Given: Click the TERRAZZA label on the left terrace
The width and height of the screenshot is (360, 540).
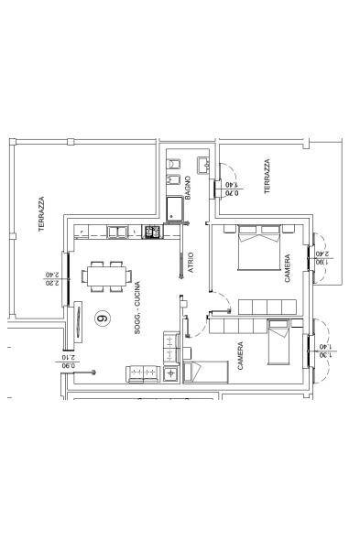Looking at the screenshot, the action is point(41,214).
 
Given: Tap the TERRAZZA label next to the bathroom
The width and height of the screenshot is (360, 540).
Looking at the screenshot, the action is point(267,176).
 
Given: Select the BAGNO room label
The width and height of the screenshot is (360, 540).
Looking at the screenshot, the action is point(188,188).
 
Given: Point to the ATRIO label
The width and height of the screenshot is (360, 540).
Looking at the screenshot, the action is point(191,263).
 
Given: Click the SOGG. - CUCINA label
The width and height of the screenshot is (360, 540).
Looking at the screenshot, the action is point(137,308).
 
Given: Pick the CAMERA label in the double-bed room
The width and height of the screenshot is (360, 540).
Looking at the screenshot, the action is point(287,268).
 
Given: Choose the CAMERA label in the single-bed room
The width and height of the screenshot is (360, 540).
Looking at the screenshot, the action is point(240,356).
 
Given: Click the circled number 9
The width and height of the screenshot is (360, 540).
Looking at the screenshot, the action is point(103,319).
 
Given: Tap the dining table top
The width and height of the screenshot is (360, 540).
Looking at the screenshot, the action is point(106,276).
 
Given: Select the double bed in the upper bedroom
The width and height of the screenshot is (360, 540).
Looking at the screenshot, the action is point(258,247).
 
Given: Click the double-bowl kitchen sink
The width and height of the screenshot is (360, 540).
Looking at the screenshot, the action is point(116,232).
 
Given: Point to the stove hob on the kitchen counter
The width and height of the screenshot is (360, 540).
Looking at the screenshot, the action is point(152,232).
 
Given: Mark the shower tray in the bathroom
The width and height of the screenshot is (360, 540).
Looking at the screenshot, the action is point(174,208).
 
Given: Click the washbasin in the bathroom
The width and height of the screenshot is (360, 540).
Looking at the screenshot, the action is point(203,166).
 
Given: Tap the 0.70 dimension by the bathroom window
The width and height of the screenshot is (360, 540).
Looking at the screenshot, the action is point(232,193).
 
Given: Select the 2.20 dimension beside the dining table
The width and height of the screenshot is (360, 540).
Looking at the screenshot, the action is point(52,283).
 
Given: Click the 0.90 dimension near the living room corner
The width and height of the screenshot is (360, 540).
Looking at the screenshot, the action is point(69,366).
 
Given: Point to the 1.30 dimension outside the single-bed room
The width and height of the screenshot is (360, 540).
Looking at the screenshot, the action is point(326,355).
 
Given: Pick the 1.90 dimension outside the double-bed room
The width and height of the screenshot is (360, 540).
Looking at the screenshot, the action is point(323,262).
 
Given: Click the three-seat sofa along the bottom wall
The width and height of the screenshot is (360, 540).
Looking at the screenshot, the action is point(143,374).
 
